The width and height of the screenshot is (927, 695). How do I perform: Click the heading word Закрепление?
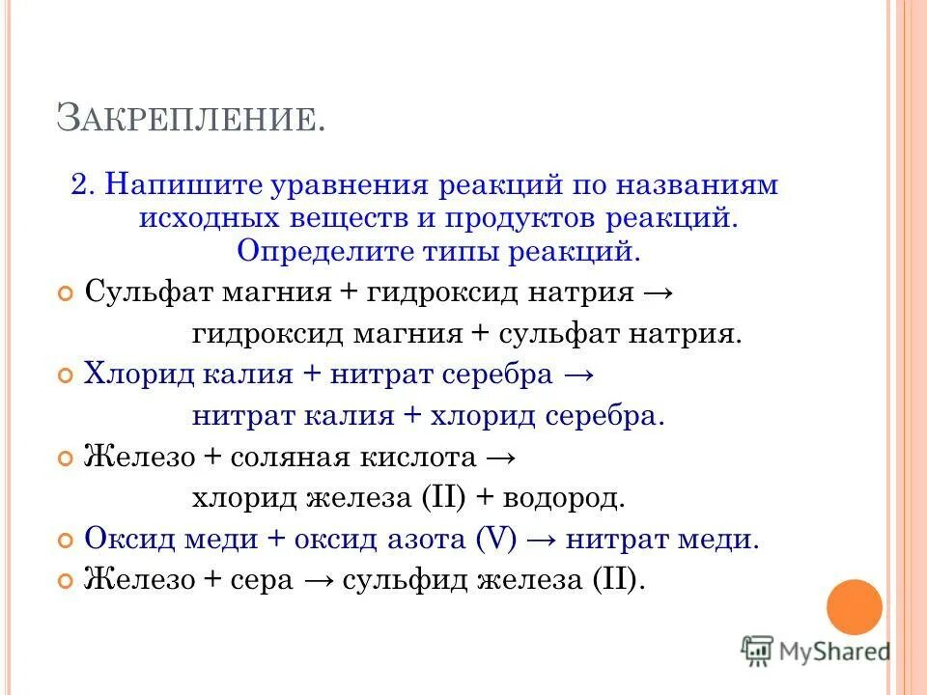(x=191, y=117)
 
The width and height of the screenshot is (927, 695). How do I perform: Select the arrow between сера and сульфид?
(x=315, y=581)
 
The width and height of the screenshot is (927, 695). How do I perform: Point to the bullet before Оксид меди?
(x=67, y=542)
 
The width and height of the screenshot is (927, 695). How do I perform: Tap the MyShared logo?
(x=816, y=651)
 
